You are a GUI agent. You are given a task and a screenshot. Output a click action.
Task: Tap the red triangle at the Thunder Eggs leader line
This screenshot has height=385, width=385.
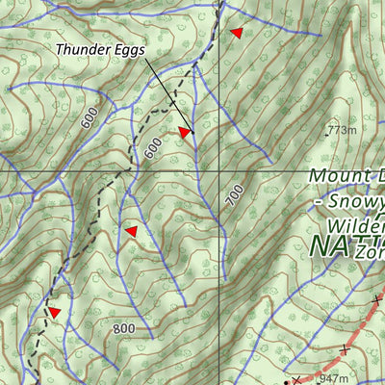pyautogui.click(x=185, y=132)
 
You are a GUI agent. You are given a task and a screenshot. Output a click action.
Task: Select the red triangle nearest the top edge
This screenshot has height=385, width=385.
pyautogui.click(x=236, y=33)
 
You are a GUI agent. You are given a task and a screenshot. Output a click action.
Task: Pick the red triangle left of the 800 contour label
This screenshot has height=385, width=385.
pyautogui.click(x=55, y=313)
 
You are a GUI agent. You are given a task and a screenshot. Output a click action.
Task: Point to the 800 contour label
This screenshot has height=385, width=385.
pyautogui.click(x=123, y=329)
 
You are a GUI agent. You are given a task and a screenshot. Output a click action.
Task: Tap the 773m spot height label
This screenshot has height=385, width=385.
pyautogui.click(x=341, y=130)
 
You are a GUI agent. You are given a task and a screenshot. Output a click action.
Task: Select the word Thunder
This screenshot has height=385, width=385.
pyautogui.click(x=82, y=49)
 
